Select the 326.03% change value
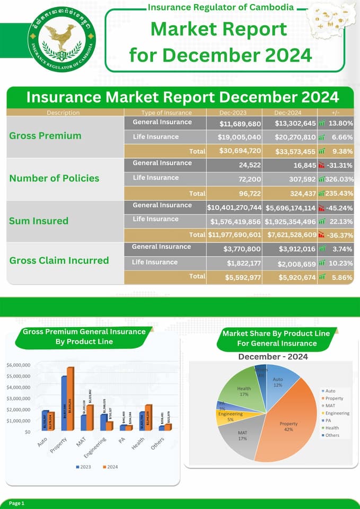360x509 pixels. point(339,180)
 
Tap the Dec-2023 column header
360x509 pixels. point(234,112)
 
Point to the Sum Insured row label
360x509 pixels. point(39,221)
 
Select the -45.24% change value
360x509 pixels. point(339,208)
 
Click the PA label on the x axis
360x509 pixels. point(122,439)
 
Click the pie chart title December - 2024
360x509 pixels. point(273,356)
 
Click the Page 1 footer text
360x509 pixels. point(16,503)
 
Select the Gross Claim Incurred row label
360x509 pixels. point(59,260)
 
